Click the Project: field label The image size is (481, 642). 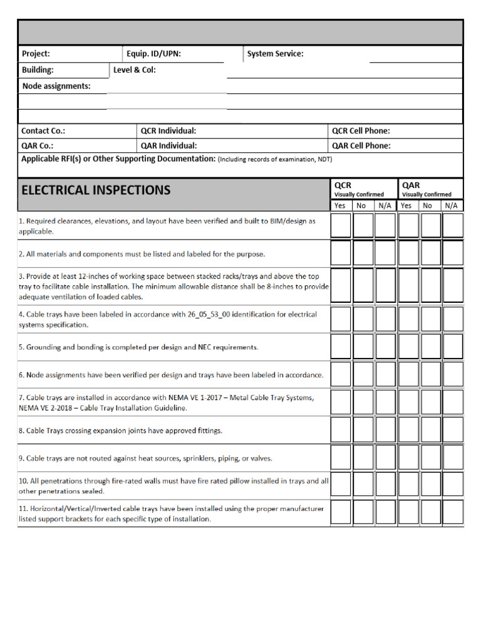click(x=36, y=54)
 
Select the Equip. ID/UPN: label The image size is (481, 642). click(x=153, y=54)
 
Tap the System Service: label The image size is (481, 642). click(x=275, y=54)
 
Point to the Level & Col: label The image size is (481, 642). click(x=134, y=70)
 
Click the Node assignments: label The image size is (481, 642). click(x=56, y=87)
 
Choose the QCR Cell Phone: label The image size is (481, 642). click(x=361, y=131)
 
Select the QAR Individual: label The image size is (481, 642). click(x=168, y=145)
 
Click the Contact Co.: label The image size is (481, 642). click(x=43, y=131)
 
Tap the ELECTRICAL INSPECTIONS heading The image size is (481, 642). click(x=96, y=190)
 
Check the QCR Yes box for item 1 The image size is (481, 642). click(x=341, y=226)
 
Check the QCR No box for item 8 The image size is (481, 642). click(x=363, y=430)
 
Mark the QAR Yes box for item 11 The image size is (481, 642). click(x=408, y=512)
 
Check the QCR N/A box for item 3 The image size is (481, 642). click(x=385, y=286)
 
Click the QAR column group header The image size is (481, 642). click(x=411, y=186)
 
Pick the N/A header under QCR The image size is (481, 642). click(x=385, y=206)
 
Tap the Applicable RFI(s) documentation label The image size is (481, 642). click(x=118, y=159)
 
